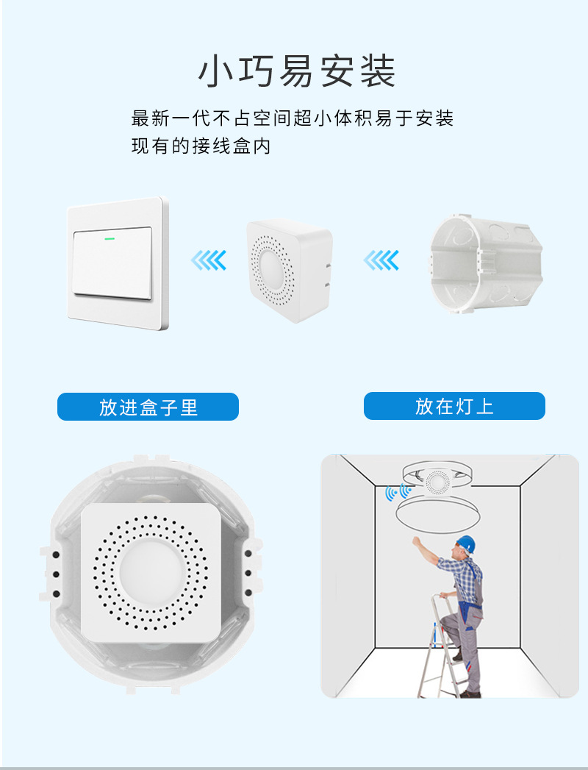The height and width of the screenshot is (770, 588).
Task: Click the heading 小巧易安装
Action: pyautogui.click(x=297, y=72)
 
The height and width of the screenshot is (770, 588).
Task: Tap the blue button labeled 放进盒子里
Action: pyautogui.click(x=148, y=407)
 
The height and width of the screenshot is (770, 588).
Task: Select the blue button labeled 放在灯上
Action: pyautogui.click(x=454, y=406)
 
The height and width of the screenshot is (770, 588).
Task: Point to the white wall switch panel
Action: pyautogui.click(x=118, y=263)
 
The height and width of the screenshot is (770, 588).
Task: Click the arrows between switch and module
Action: pyautogui.click(x=208, y=260)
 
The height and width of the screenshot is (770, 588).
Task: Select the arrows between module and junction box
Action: pyautogui.click(x=381, y=260)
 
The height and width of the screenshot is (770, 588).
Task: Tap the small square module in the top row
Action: pyautogui.click(x=288, y=270)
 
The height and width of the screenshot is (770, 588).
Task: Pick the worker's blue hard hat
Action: pyautogui.click(x=466, y=543)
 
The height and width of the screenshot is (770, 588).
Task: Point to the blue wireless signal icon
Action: pyautogui.click(x=398, y=492)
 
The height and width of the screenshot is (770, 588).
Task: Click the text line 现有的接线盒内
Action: pyautogui.click(x=201, y=146)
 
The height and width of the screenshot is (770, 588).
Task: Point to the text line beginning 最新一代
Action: pyautogui.click(x=292, y=118)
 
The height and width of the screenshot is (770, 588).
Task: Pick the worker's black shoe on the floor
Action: pyautogui.click(x=470, y=693)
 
